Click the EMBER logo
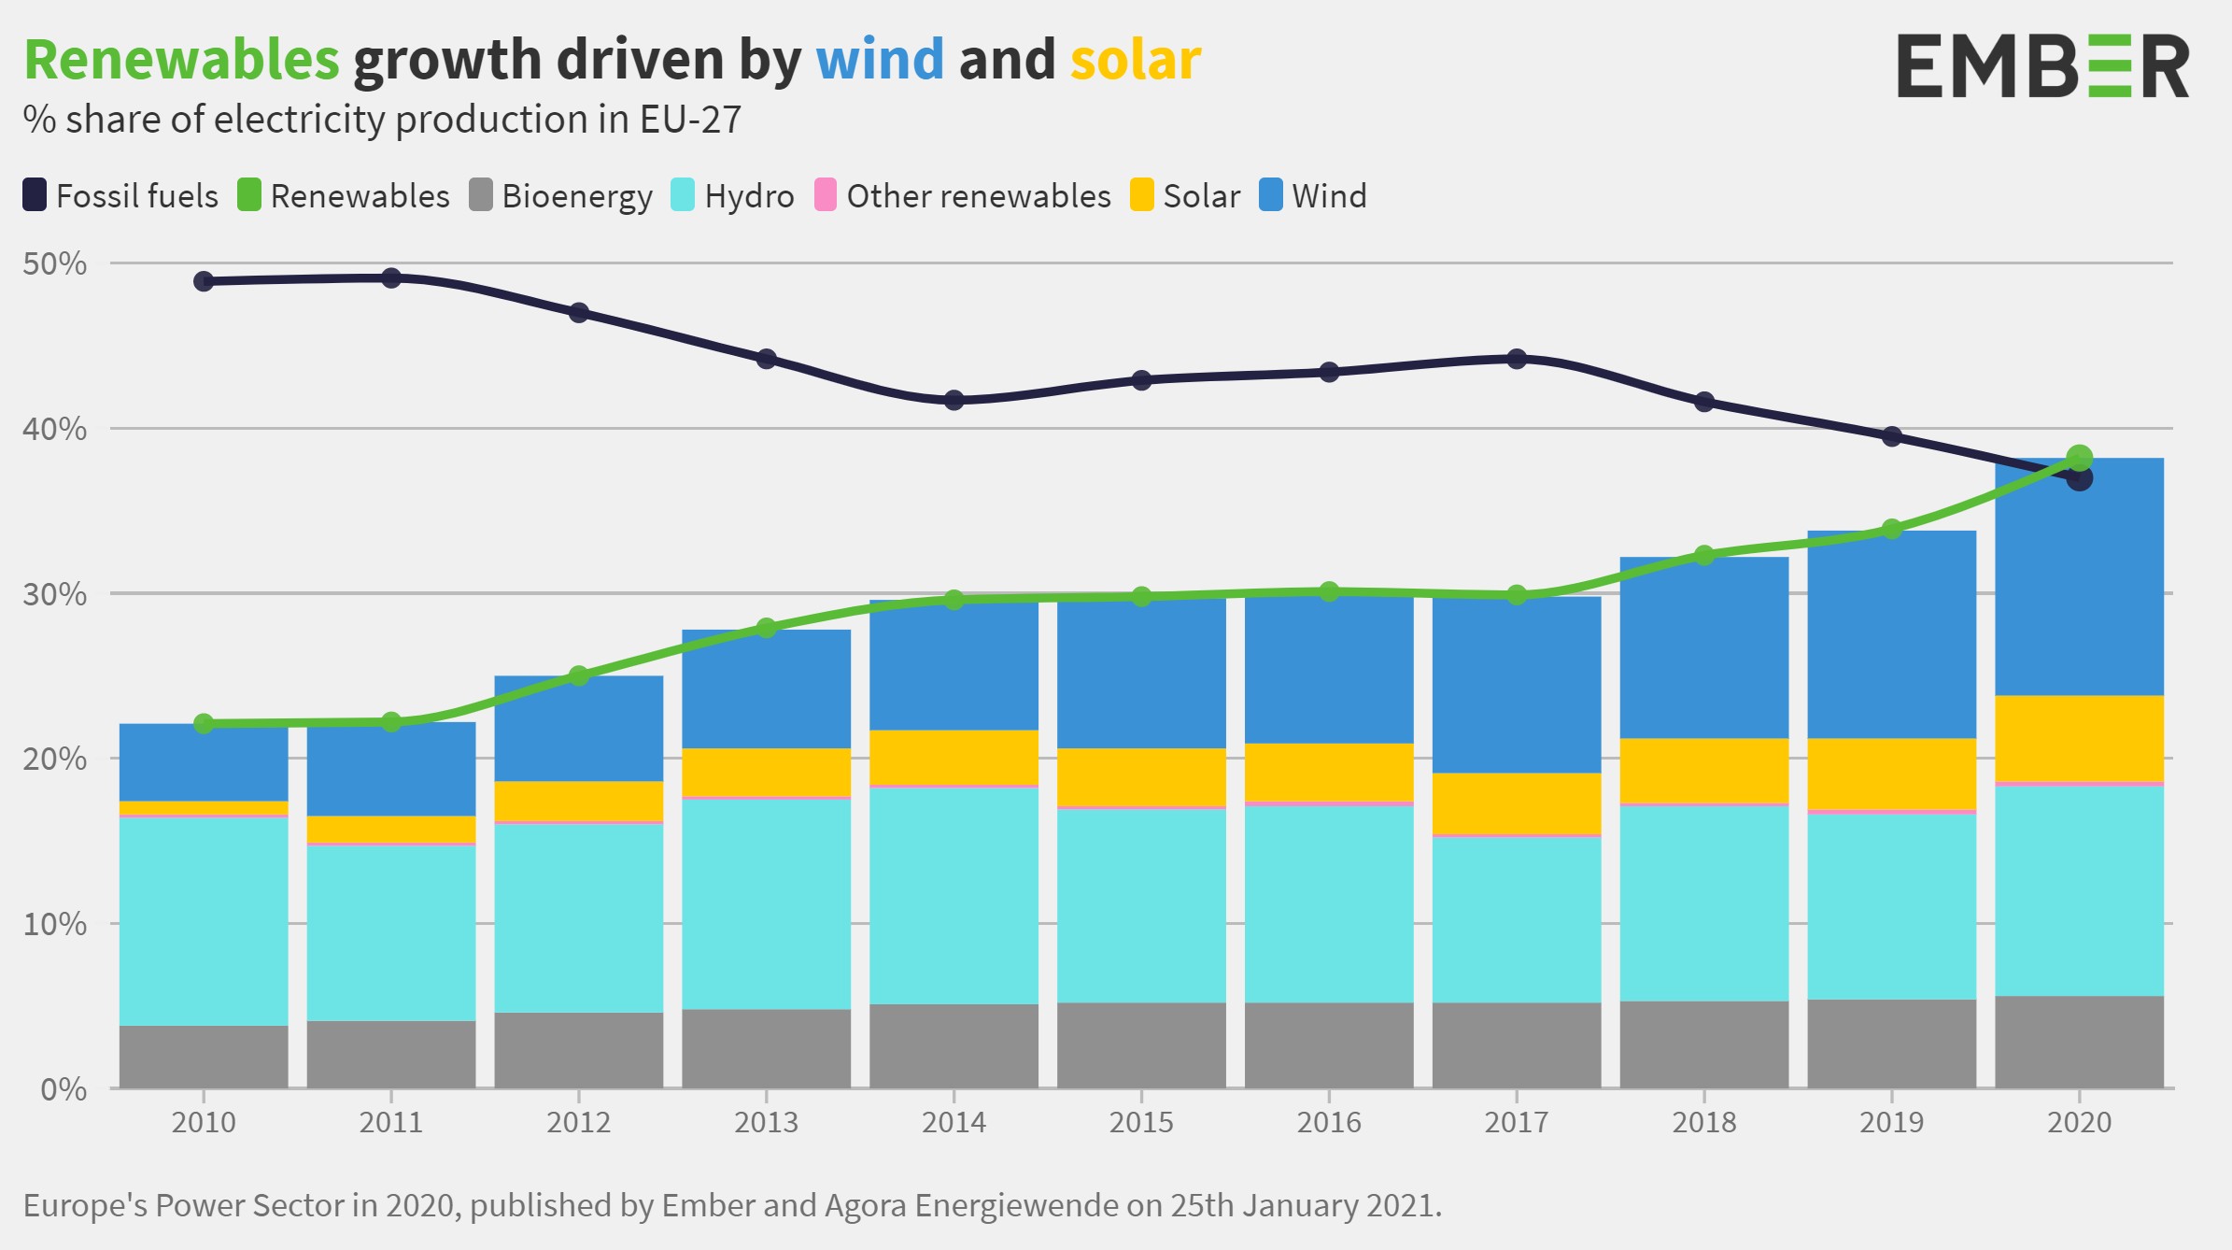point(2041,65)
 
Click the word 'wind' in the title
point(880,60)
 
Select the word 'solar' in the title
point(1135,60)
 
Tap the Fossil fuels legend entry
point(120,196)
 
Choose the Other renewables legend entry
point(963,196)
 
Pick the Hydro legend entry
point(733,196)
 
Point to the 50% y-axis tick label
point(54,263)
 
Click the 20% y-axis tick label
point(54,759)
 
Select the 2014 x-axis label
point(954,1122)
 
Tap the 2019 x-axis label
point(1891,1122)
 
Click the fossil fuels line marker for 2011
point(391,277)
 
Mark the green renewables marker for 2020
point(2079,458)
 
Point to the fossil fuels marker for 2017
point(1517,359)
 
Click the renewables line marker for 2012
point(578,675)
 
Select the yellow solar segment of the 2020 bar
point(2079,738)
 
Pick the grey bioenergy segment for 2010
point(204,1057)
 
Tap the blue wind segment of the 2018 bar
point(1703,647)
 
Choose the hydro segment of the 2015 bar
point(1141,904)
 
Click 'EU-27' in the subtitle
point(690,120)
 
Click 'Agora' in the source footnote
point(866,1205)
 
